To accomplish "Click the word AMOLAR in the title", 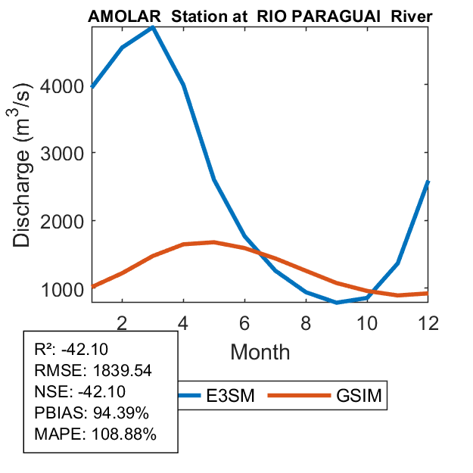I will click(x=124, y=16).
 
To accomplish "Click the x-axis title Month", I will click(x=260, y=351).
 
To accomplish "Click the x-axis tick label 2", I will click(x=122, y=322).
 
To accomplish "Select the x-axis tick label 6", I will click(x=244, y=322).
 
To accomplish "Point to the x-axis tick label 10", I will click(x=367, y=322).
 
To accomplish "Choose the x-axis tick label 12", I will click(x=428, y=322).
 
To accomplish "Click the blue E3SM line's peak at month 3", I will click(x=153, y=27).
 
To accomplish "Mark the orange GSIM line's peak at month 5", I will click(x=214, y=242).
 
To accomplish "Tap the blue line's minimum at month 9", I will click(x=337, y=302).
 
